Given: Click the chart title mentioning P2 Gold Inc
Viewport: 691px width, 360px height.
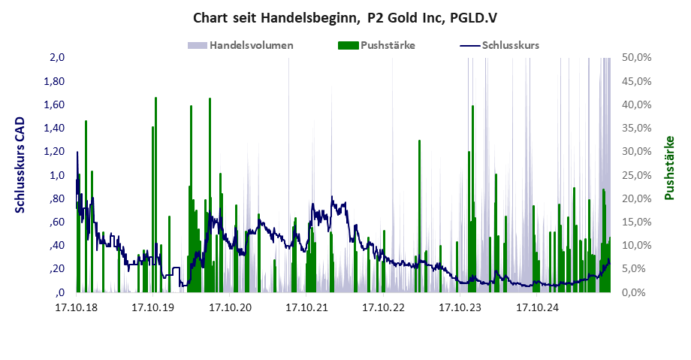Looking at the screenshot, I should (345, 17).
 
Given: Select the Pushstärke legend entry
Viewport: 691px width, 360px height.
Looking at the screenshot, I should (388, 45).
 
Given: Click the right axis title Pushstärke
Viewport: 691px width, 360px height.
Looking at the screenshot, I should (668, 168).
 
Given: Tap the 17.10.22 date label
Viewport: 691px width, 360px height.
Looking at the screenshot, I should (383, 307).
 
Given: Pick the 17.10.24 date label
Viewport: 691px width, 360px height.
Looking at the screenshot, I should (537, 307).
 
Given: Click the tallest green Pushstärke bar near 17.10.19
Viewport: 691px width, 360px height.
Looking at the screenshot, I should (155, 195).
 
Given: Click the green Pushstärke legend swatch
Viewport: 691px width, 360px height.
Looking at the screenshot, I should (346, 45).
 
